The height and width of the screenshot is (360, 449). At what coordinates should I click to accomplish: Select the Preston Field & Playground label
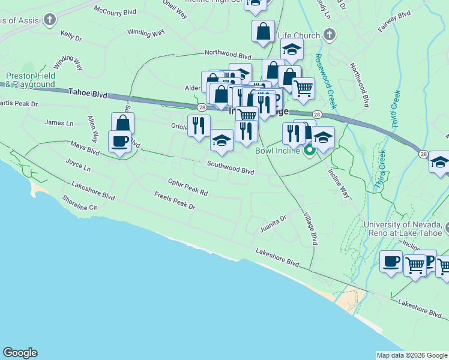(x=31, y=80)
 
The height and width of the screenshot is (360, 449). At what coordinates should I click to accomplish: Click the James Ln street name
(x=59, y=122)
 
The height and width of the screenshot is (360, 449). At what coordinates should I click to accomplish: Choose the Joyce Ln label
(x=77, y=164)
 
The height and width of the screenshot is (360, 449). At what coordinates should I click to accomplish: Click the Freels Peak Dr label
(x=175, y=201)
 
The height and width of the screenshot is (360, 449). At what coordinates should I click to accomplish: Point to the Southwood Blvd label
(x=231, y=167)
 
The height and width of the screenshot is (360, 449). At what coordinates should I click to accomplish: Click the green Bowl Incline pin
(x=310, y=150)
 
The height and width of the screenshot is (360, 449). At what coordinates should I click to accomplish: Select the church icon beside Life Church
(x=328, y=35)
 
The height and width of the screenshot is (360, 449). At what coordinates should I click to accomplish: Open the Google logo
(x=20, y=353)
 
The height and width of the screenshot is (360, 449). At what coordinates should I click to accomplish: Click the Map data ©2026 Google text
(x=412, y=355)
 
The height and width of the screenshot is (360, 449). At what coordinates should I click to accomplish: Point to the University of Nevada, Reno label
(x=406, y=229)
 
